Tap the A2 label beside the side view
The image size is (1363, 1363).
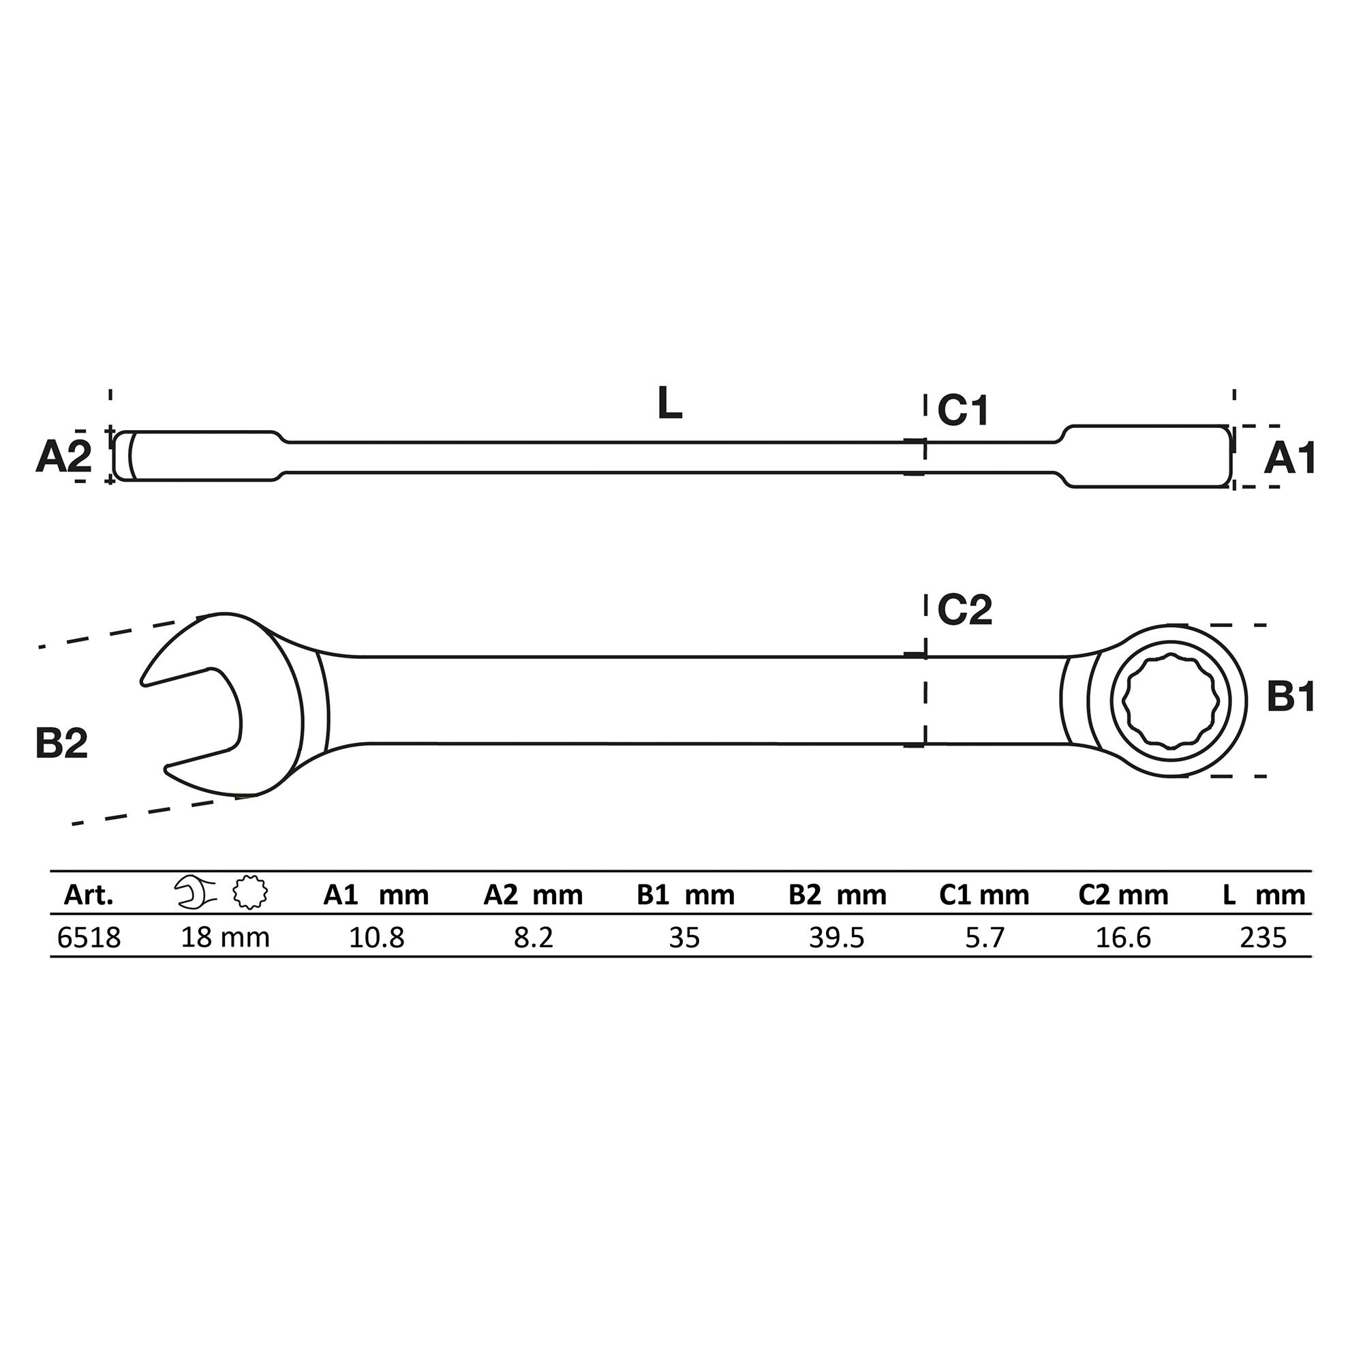point(63,457)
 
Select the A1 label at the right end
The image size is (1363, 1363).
point(1289,459)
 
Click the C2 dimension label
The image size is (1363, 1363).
point(964,610)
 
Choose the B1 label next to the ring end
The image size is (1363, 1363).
point(1291,697)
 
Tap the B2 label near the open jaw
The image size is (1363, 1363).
point(61,744)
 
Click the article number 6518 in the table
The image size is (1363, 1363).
point(89,938)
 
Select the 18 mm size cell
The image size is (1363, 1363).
point(225,938)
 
